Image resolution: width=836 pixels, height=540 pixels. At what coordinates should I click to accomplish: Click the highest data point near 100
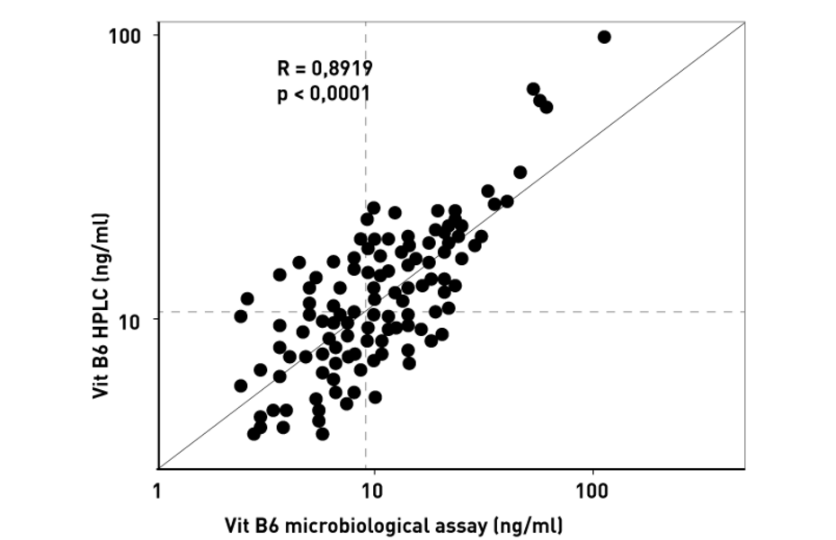click(604, 37)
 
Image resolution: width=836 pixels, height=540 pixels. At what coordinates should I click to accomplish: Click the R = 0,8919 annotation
click(325, 67)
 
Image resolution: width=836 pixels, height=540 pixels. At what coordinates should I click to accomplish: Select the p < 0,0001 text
click(324, 93)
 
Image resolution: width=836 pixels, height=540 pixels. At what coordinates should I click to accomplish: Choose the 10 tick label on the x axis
click(370, 492)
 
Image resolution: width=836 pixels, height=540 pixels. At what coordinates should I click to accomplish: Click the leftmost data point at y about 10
click(240, 316)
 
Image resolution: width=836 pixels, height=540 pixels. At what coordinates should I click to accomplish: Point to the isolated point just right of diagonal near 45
click(520, 172)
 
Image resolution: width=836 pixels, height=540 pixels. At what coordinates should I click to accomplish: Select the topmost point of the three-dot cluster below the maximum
click(533, 89)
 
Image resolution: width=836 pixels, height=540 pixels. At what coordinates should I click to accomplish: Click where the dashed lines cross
click(366, 312)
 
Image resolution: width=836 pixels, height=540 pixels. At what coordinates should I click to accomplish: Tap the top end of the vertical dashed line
click(366, 21)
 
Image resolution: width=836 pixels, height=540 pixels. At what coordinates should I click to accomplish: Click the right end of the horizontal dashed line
click(745, 312)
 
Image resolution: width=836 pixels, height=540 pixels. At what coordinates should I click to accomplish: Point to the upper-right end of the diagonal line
click(745, 21)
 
